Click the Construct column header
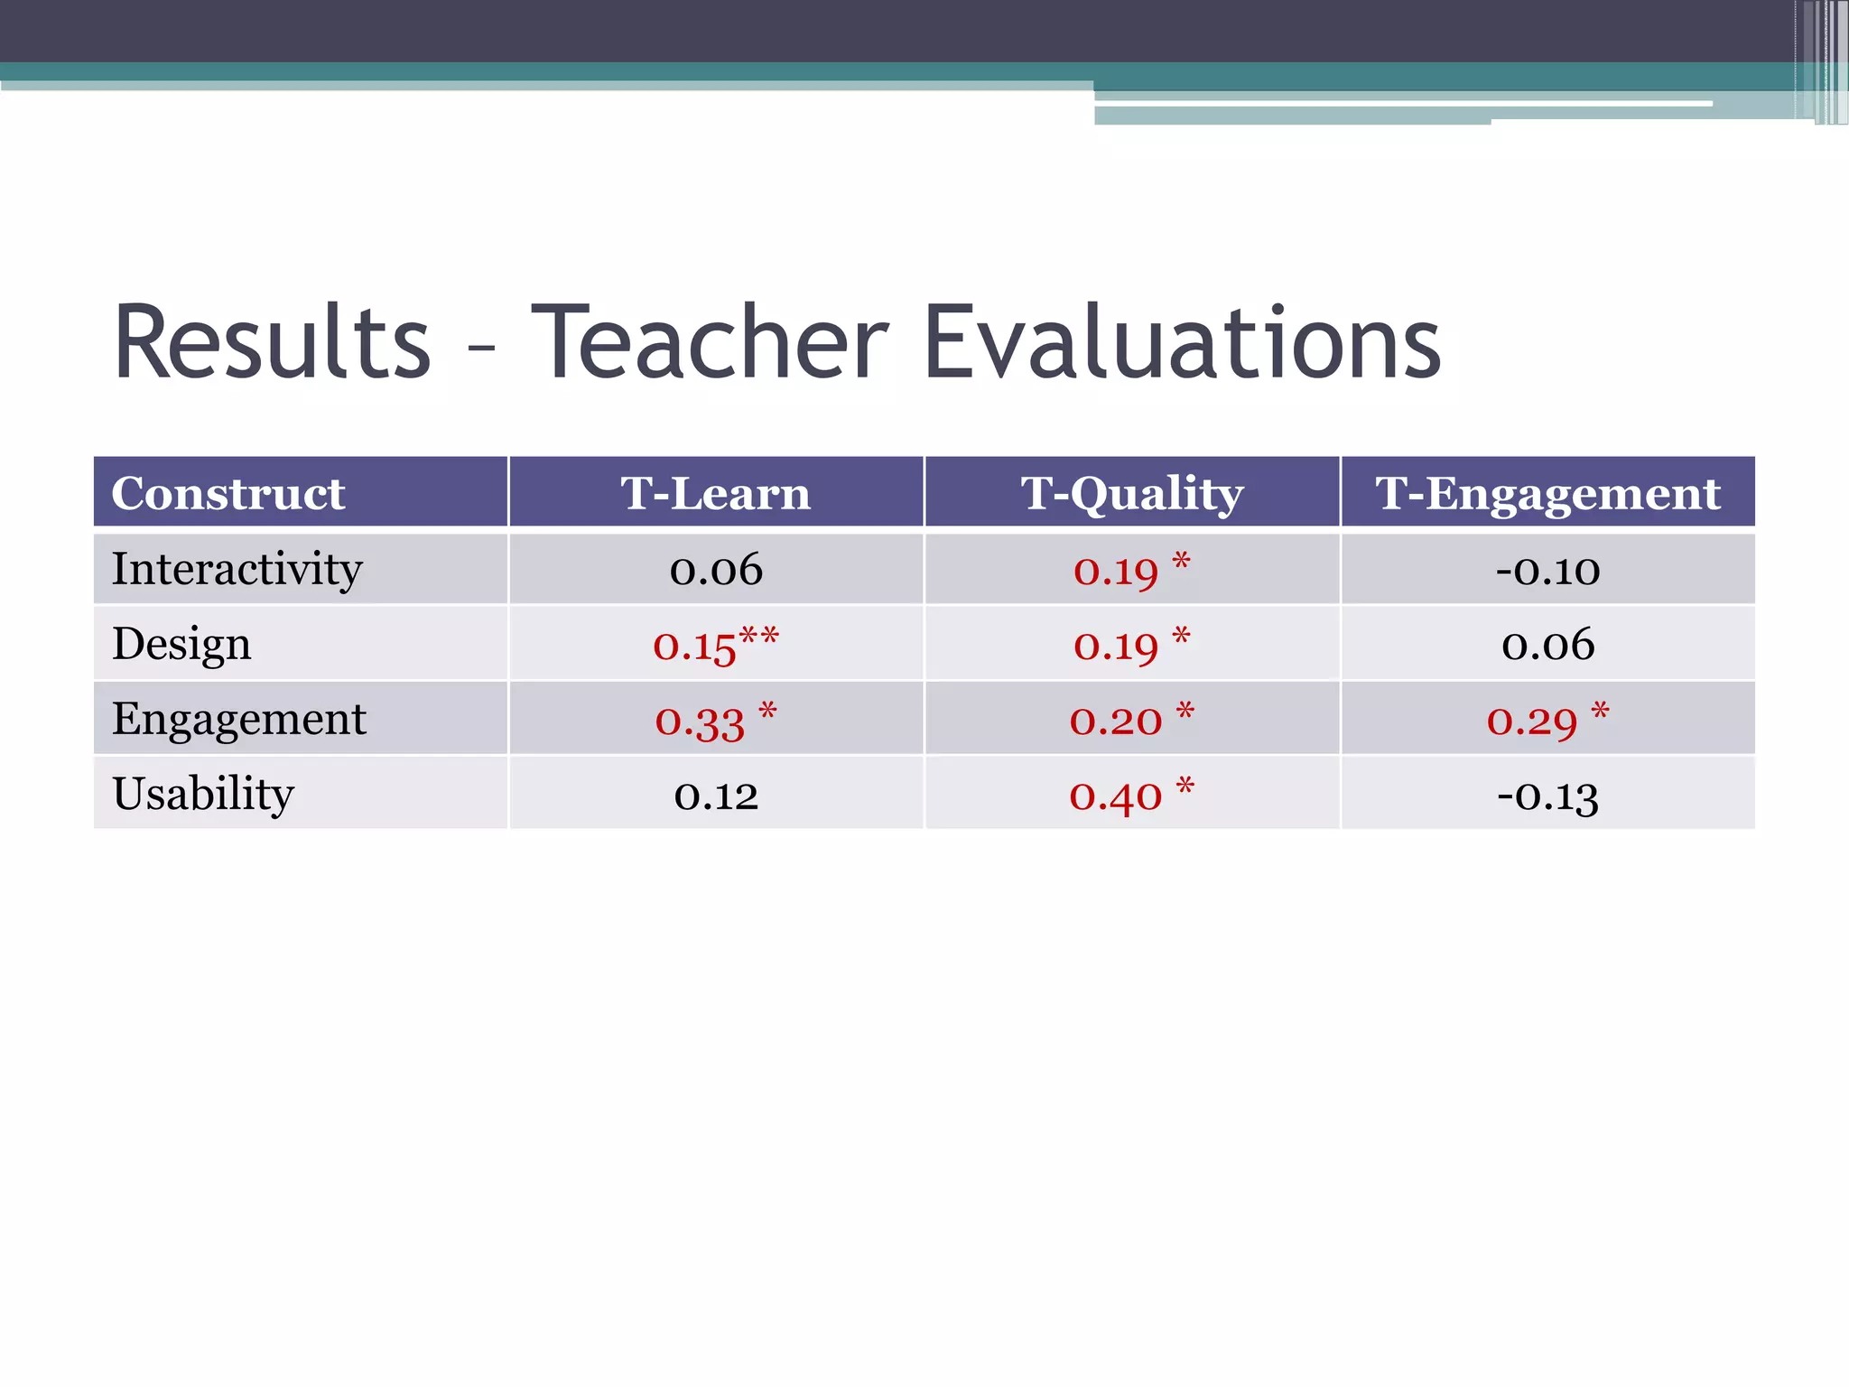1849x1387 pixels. [228, 493]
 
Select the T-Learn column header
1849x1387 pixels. [716, 493]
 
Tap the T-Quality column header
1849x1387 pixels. [1132, 493]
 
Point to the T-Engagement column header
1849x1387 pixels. [1547, 493]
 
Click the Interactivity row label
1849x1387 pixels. [237, 569]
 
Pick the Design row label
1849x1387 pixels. [181, 645]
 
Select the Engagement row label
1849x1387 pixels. [239, 720]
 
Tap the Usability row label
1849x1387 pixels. [203, 795]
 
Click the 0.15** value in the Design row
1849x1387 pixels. [715, 645]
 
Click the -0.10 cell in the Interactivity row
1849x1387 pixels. [1547, 570]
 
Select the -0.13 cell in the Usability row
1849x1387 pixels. [1547, 796]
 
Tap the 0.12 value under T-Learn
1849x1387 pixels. [716, 796]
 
